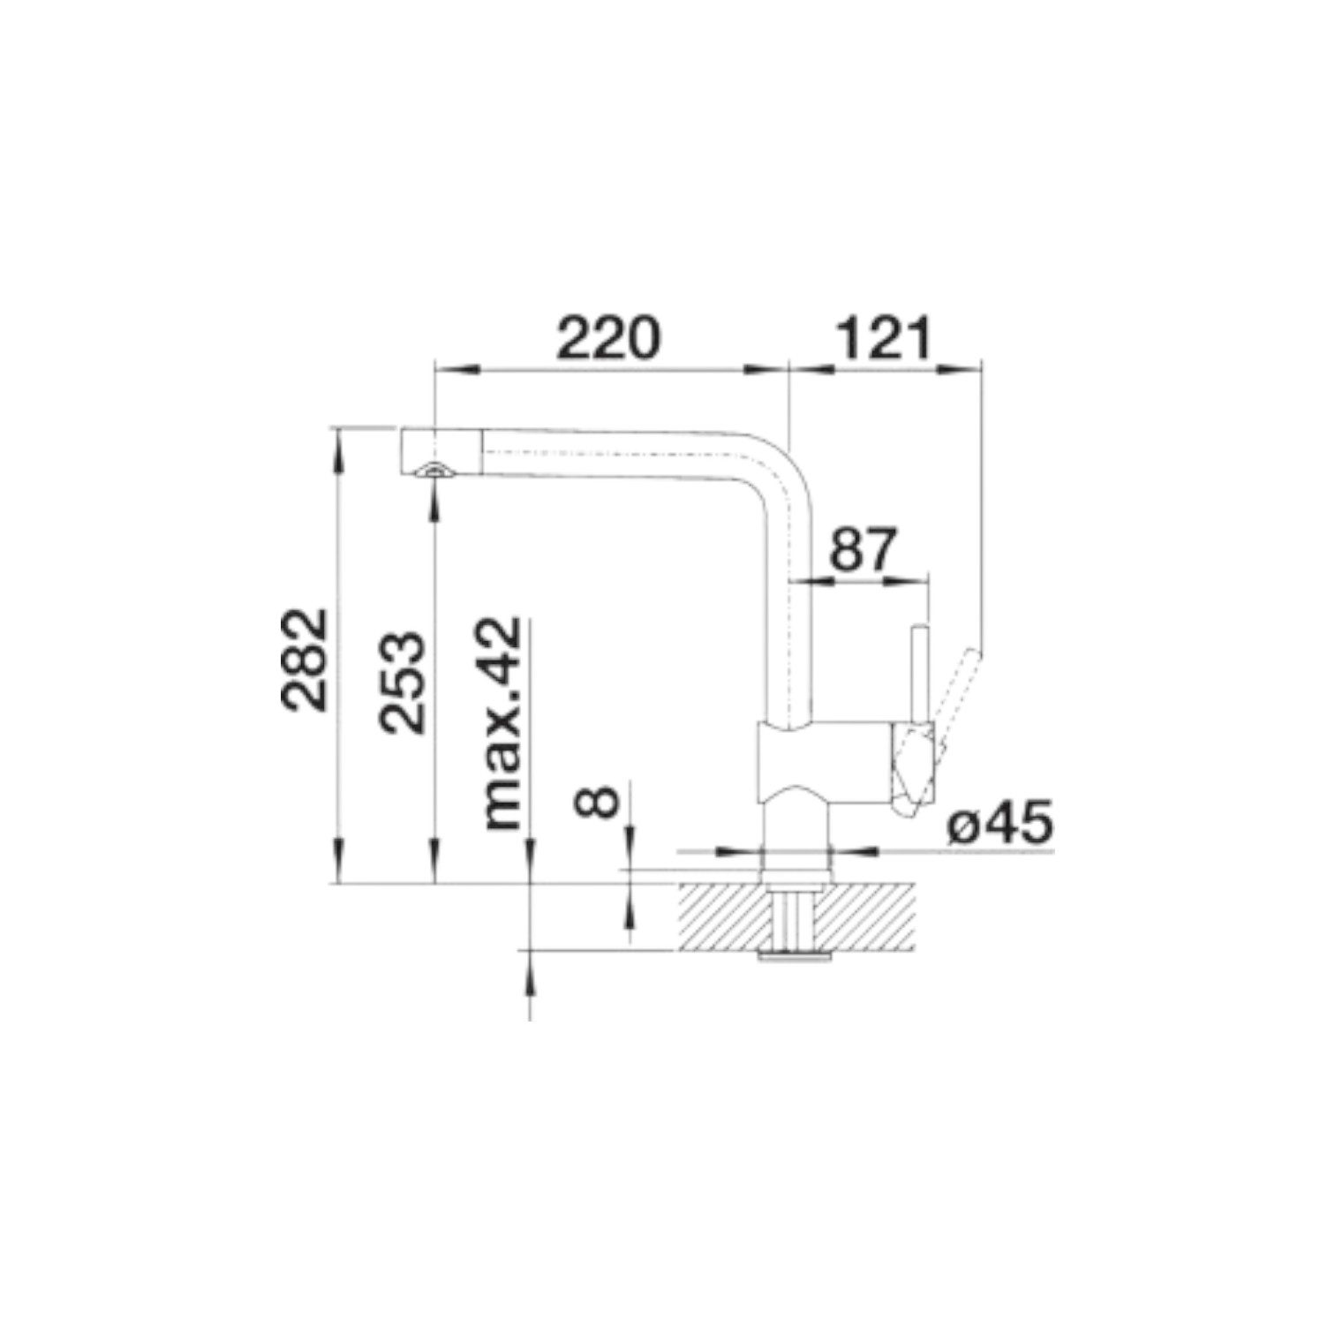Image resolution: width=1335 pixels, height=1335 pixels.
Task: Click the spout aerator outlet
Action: [434, 471]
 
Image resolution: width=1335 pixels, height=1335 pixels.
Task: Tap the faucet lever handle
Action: [954, 706]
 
